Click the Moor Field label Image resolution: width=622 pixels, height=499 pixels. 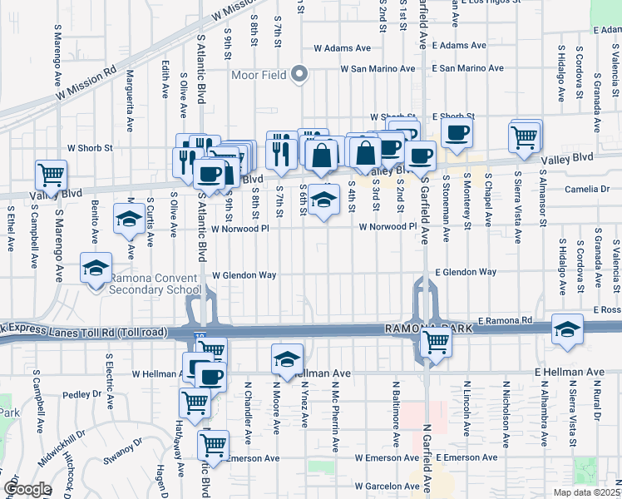click(259, 75)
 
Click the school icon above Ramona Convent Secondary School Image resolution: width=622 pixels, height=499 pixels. click(96, 269)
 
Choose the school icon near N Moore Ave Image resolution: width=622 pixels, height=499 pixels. click(286, 359)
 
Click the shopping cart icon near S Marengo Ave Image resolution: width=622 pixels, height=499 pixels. click(52, 175)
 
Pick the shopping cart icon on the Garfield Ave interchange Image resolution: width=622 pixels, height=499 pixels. click(435, 341)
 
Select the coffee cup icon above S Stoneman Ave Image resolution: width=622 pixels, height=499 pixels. click(456, 132)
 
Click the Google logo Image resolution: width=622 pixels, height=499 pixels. click(27, 489)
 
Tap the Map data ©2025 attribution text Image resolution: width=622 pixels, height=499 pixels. click(586, 492)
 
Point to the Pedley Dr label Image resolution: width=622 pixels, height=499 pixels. click(81, 395)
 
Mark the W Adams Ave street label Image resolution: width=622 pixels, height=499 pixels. click(342, 48)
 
